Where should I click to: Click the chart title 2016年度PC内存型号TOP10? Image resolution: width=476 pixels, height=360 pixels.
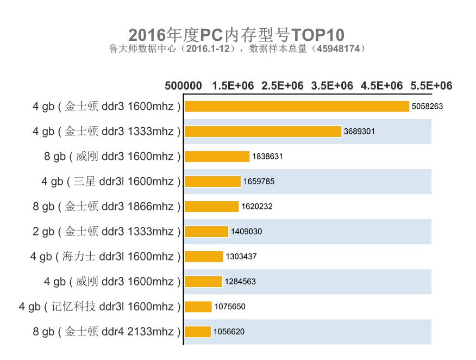coord(237,35)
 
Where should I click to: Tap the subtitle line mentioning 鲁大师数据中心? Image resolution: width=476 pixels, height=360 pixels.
coord(237,49)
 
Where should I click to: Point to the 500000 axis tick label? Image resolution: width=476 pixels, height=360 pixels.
coord(183,86)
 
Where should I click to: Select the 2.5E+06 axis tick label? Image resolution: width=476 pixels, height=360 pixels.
coord(283,86)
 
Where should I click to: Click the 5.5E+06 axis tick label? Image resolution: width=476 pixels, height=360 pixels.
coord(431,86)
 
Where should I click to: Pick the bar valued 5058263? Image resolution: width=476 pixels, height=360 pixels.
coord(297,107)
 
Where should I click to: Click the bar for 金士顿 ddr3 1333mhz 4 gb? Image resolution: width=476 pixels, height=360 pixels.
coord(263,132)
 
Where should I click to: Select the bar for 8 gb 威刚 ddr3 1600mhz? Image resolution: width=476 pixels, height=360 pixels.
coord(217,157)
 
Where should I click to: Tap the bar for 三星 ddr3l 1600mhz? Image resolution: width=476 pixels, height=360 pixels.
coord(212,182)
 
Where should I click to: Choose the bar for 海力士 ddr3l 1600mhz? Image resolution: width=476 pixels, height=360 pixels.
coord(204,257)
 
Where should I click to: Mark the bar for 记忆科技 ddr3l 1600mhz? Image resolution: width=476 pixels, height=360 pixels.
coord(198,307)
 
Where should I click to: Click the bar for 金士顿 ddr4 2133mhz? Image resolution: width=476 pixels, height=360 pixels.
coord(197,332)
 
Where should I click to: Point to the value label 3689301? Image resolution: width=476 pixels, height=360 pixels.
coord(359,132)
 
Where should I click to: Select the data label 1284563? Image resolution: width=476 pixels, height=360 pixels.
coord(240,282)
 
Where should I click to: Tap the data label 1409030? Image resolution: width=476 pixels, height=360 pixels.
coord(246,232)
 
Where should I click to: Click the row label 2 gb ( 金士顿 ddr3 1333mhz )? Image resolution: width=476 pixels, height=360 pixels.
coord(107,232)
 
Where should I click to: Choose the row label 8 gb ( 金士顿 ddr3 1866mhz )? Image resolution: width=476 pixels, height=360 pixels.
coord(107,207)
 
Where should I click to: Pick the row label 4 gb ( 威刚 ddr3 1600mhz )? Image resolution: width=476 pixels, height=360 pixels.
coord(112,282)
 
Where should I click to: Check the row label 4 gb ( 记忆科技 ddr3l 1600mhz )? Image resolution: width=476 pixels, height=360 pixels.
coord(99,307)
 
